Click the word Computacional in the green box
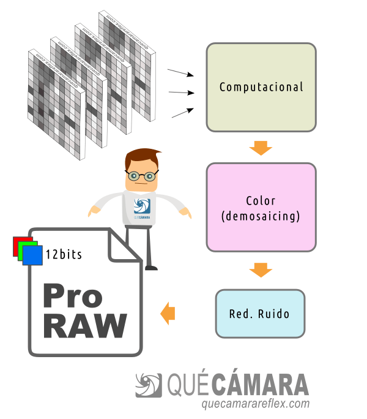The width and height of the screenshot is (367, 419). point(261,87)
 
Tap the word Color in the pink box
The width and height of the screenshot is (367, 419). point(261,201)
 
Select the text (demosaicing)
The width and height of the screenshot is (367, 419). point(261,216)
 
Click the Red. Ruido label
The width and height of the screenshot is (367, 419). point(259,314)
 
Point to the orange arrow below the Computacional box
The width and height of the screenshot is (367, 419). point(261,148)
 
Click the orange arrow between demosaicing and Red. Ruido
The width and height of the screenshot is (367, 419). point(261,270)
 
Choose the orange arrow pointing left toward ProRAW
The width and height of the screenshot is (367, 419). point(168,314)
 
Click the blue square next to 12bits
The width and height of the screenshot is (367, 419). point(33,255)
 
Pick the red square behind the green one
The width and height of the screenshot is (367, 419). point(18,244)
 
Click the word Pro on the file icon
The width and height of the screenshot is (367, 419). point(72,296)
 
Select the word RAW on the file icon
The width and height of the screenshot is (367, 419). point(85,326)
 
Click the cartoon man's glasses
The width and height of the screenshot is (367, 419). point(142,176)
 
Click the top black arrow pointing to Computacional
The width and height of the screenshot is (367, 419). point(180,74)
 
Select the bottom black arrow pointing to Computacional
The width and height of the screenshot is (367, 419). point(182,113)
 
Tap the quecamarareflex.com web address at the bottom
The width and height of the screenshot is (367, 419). point(255,404)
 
